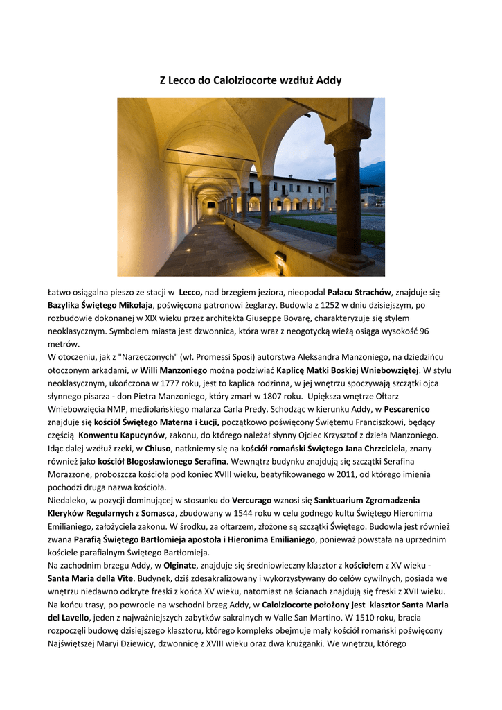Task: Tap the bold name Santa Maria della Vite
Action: pyautogui.click(x=91, y=579)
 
